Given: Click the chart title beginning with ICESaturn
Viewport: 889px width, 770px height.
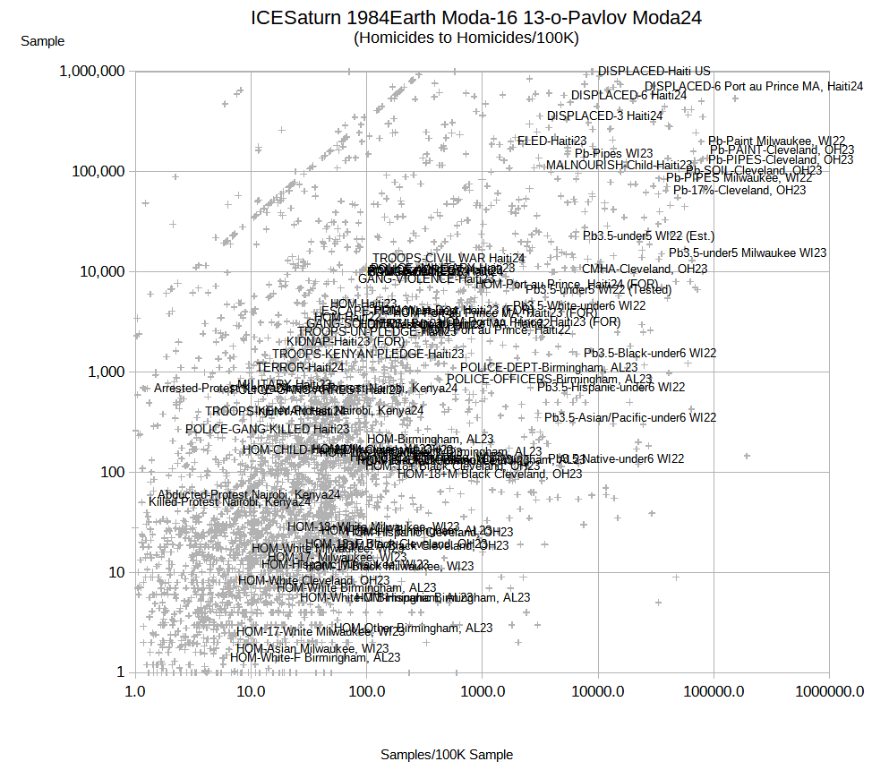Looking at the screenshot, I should [x=475, y=18].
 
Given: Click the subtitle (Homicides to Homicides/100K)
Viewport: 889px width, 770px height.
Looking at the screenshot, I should [x=466, y=38].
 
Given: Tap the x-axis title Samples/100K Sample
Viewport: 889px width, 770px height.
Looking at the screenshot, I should [x=447, y=755].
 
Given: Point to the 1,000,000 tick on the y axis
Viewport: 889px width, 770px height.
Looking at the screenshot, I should [x=91, y=72].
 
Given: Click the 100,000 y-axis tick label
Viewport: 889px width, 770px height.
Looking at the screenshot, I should [x=98, y=172].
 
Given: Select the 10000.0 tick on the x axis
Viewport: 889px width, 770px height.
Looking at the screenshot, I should [x=598, y=691].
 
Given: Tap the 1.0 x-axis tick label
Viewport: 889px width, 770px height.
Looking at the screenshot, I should [x=135, y=691].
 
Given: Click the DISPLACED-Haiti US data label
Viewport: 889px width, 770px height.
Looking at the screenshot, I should [x=654, y=71].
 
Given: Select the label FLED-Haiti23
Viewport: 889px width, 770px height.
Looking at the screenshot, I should [x=552, y=141].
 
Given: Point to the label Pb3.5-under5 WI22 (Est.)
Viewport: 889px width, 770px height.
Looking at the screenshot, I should [x=649, y=236].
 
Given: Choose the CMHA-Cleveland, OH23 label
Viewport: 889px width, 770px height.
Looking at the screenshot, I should [x=645, y=269].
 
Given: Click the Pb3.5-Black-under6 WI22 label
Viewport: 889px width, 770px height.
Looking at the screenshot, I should [x=650, y=354].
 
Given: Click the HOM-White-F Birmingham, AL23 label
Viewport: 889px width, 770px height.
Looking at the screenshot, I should [x=315, y=657].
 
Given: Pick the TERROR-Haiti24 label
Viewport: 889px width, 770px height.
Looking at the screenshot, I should [x=301, y=367].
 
